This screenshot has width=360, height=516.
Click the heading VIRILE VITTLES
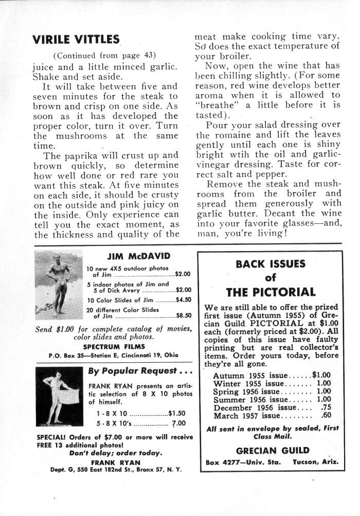(76, 39)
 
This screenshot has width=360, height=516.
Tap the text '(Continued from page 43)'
(104, 55)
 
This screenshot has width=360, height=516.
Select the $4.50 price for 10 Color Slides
(184, 299)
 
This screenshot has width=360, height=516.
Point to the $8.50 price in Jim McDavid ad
(184, 316)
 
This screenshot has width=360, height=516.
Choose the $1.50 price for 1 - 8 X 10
(177, 413)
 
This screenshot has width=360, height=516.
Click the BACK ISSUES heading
(270, 264)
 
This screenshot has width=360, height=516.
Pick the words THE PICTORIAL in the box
(270, 292)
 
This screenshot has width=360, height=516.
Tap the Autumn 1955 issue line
(272, 375)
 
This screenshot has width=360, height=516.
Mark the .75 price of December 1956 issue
(325, 407)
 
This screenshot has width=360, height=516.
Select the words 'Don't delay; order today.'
(115, 453)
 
